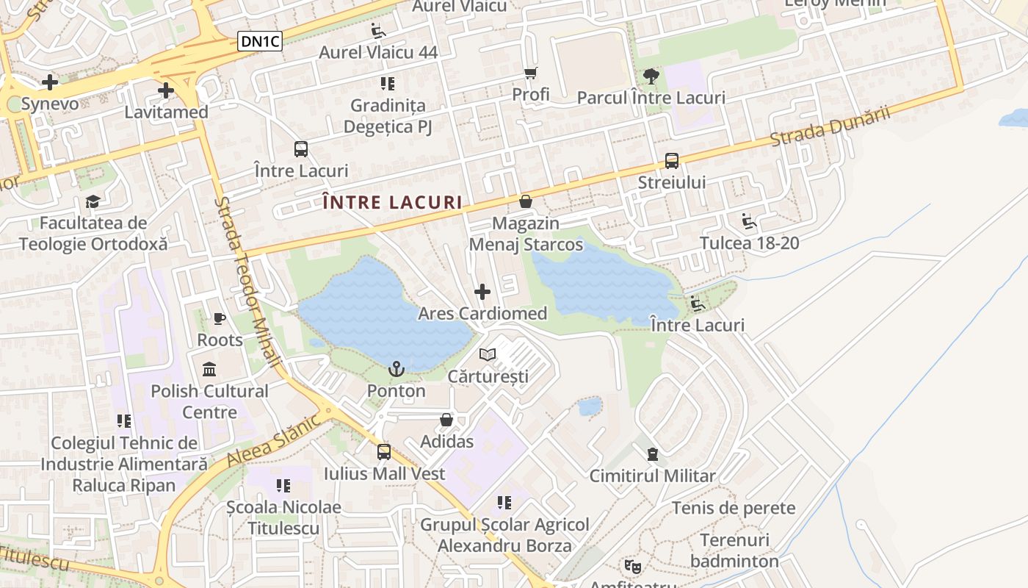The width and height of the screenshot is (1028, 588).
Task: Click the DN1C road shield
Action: pyautogui.click(x=260, y=42)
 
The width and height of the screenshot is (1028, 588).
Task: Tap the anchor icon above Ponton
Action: pyautogui.click(x=397, y=369)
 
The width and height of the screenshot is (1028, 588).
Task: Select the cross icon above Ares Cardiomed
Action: pyautogui.click(x=482, y=292)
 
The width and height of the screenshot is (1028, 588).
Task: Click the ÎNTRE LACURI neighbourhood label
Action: pyautogui.click(x=392, y=203)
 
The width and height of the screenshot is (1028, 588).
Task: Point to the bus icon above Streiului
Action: pyautogui.click(x=671, y=161)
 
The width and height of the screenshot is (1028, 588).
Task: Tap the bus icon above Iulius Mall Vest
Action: pyautogui.click(x=384, y=452)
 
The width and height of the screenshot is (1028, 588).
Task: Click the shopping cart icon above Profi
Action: pyautogui.click(x=531, y=73)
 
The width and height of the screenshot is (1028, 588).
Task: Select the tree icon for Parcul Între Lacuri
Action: pyautogui.click(x=651, y=76)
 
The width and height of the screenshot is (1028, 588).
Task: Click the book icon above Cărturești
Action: pyautogui.click(x=488, y=355)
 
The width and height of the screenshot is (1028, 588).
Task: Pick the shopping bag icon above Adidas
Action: pyautogui.click(x=446, y=420)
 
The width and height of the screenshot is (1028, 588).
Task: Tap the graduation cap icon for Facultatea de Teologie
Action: pyautogui.click(x=93, y=201)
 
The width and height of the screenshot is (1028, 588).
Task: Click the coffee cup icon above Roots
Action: pyautogui.click(x=220, y=318)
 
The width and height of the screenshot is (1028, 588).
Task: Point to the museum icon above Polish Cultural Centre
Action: pyautogui.click(x=209, y=369)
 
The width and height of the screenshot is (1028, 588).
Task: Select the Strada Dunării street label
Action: pyautogui.click(x=830, y=126)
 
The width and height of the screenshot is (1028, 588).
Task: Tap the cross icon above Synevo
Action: pyautogui.click(x=50, y=82)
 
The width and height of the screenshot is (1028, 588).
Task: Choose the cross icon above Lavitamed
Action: pyautogui.click(x=166, y=91)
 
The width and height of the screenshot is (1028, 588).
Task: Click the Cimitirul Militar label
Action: pyautogui.click(x=652, y=476)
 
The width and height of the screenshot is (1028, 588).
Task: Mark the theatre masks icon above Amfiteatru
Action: pyautogui.click(x=631, y=566)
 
